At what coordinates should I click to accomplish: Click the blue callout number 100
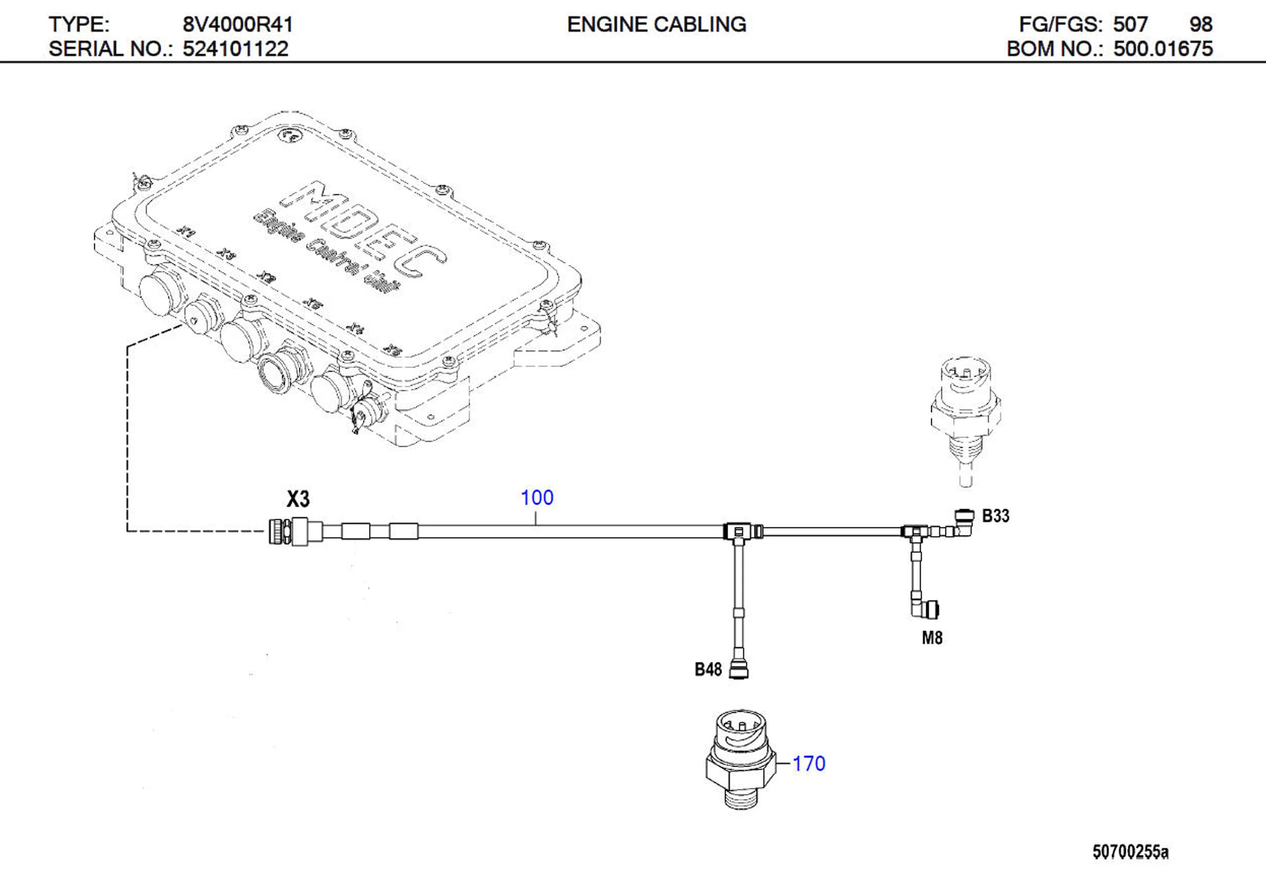tap(536, 498)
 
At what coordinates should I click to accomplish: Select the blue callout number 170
tap(808, 764)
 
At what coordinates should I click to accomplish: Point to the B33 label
tap(996, 516)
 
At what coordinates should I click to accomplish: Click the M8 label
tap(932, 638)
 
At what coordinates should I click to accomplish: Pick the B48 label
tap(708, 669)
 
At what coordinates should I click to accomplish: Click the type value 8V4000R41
tap(238, 25)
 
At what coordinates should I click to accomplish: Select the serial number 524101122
tap(235, 49)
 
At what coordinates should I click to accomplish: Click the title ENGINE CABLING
tap(656, 25)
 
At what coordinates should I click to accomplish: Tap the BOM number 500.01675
tap(1163, 49)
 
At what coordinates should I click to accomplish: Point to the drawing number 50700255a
tap(1130, 852)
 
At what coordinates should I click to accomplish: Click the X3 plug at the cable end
tap(288, 531)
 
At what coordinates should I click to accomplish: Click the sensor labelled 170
tap(741, 760)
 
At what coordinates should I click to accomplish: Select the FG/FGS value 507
tap(1130, 25)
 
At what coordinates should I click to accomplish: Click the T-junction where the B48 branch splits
tap(739, 531)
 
